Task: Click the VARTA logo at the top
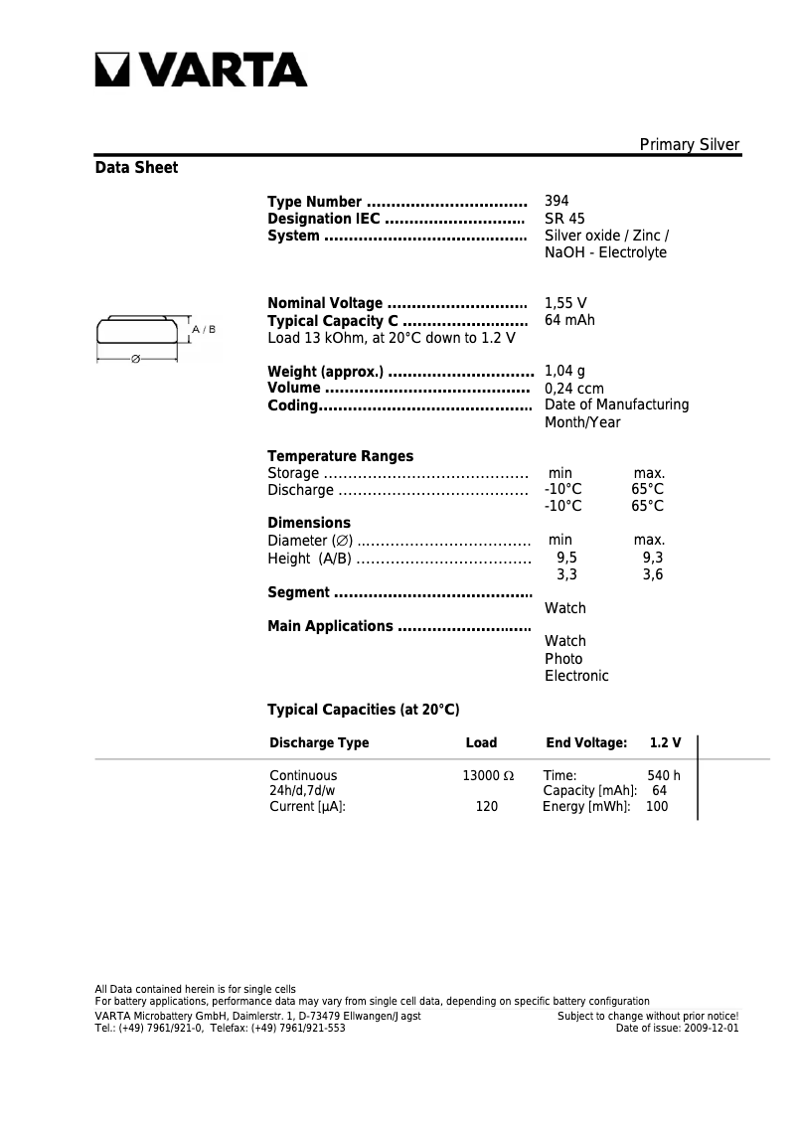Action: [202, 71]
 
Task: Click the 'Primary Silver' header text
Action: [689, 145]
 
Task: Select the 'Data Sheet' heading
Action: [136, 168]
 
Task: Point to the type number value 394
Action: [557, 201]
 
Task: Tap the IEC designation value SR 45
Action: [564, 219]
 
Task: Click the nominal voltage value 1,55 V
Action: [565, 303]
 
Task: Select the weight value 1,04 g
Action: [564, 372]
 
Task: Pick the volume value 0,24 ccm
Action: [573, 389]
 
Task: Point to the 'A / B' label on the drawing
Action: [204, 329]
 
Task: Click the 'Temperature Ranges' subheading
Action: [340, 456]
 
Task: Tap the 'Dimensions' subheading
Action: [309, 523]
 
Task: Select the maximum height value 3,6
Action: [652, 574]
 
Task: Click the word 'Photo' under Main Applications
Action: [563, 659]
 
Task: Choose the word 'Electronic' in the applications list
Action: [576, 676]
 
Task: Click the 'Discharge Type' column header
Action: [319, 742]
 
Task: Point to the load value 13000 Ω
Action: [487, 775]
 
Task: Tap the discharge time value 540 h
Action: [663, 775]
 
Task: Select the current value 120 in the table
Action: [486, 807]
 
